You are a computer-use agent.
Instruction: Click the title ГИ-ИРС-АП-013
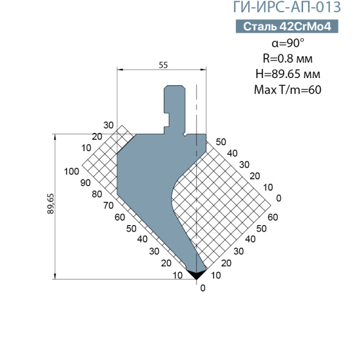(287, 7)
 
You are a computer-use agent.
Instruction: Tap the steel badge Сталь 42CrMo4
(287, 27)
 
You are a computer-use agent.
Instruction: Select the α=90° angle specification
(288, 43)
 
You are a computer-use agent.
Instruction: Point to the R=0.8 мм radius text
(287, 58)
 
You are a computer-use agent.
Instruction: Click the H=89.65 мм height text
(288, 74)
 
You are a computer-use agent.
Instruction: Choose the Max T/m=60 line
(287, 90)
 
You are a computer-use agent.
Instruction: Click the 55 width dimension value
(163, 65)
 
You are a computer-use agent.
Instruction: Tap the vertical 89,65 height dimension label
(51, 203)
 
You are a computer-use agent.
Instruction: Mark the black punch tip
(196, 273)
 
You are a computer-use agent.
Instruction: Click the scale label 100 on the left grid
(71, 172)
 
